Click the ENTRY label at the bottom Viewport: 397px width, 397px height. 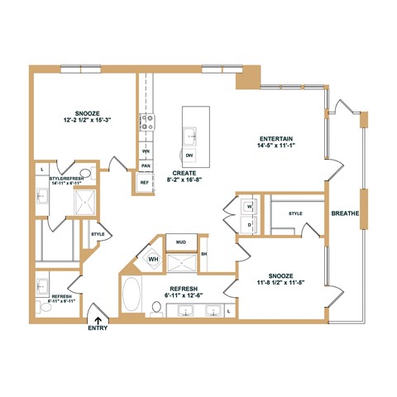97,328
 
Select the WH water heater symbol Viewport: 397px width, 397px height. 153,259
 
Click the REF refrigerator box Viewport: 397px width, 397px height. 145,183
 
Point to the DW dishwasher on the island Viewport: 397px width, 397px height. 190,155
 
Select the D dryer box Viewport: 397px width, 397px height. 249,223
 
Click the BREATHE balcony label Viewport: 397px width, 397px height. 345,213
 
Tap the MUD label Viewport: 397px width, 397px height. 181,242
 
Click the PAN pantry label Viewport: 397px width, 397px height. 145,165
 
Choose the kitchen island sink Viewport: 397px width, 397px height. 190,133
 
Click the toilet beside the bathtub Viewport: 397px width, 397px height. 155,307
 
